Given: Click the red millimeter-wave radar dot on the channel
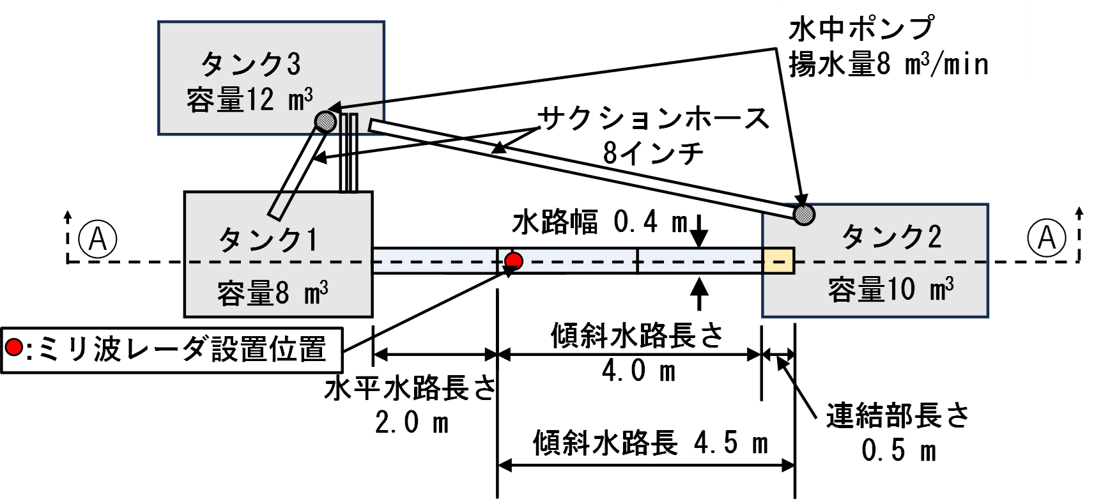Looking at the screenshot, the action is coord(514,261).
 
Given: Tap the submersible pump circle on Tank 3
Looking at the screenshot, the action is coord(325,121).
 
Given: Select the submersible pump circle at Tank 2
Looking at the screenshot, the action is coord(804,214).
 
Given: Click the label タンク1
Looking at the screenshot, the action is coord(268,241).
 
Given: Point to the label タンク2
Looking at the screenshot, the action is coord(891,237).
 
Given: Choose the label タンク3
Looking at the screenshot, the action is coord(250,64).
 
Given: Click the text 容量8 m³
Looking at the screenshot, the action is coord(273,293).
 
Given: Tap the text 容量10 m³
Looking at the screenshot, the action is coord(891,289).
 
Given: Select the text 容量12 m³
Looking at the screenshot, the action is coord(250,100).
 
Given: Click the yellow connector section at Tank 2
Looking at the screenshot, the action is coord(778,261).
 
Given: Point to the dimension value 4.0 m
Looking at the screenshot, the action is coord(639,371).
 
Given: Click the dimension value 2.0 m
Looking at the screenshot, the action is coord(412,422).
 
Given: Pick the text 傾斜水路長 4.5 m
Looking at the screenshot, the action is coord(651,443).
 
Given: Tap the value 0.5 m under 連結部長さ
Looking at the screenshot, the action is coord(898,450).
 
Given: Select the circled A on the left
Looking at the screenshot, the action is coord(98,238).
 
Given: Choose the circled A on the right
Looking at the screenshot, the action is coord(1047,238).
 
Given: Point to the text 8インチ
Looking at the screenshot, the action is coord(654,153).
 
